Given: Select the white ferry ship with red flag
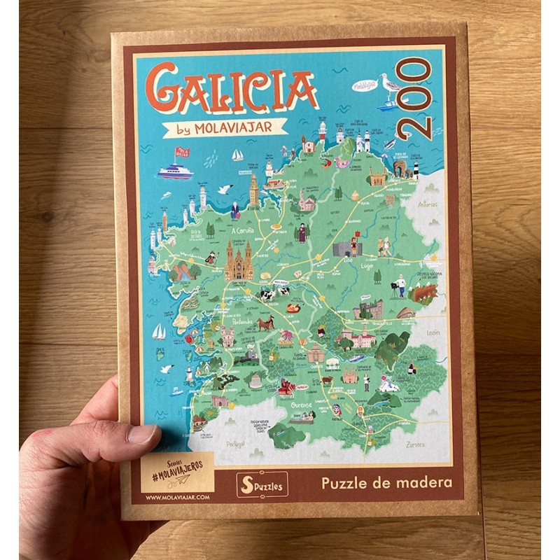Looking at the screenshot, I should click(175, 171).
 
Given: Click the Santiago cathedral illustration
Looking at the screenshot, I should click(238, 260).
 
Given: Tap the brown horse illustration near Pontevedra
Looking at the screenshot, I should click(265, 324).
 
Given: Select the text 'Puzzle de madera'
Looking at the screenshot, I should click(386, 482).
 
